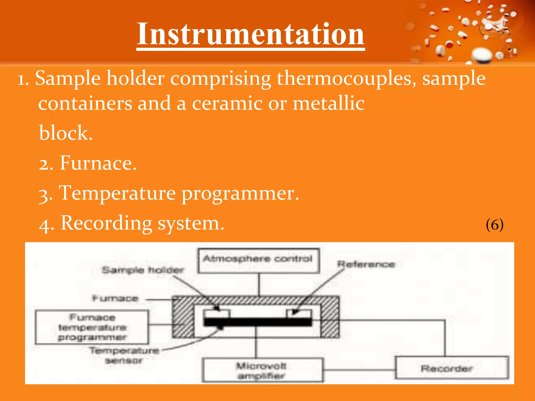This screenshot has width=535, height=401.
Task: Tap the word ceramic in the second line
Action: tap(227, 103)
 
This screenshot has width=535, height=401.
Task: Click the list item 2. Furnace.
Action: tap(88, 163)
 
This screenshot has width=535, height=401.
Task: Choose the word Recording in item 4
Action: tap(107, 223)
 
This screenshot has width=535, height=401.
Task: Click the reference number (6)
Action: tap(495, 225)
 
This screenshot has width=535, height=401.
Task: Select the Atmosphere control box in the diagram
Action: tap(258, 261)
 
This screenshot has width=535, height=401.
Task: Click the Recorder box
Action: tap(452, 368)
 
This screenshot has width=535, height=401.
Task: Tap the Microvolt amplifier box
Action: tap(262, 370)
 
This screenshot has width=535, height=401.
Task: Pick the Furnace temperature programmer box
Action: tap(92, 327)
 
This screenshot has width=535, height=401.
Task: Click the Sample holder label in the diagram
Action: tap(143, 270)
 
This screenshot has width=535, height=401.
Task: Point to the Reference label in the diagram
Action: tap(366, 264)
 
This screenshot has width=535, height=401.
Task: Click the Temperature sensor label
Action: tap(124, 355)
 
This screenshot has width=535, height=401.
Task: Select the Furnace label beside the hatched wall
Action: tap(115, 298)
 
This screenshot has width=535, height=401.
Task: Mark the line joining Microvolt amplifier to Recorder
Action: tap(359, 370)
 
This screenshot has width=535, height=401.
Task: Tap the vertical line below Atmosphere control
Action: tap(259, 285)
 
